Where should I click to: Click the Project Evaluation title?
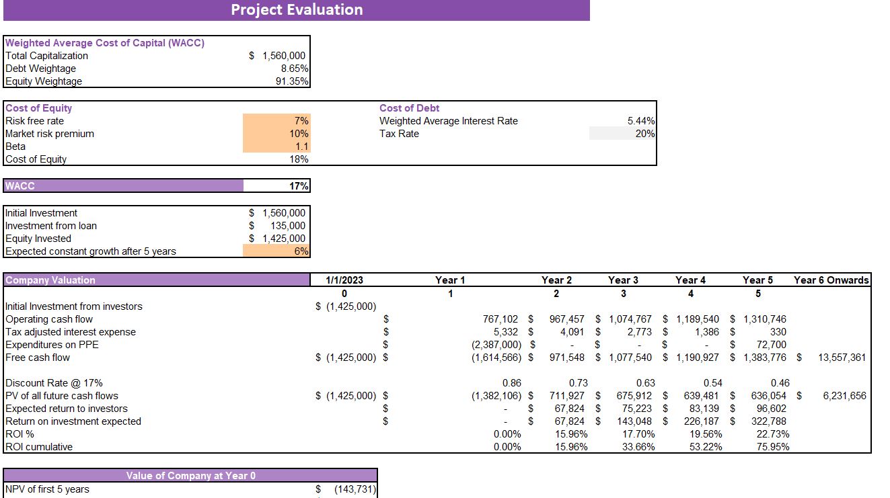click(x=297, y=9)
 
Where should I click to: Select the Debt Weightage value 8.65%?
click(x=295, y=69)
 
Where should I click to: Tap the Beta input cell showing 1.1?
click(x=301, y=147)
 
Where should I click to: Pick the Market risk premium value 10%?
click(x=299, y=134)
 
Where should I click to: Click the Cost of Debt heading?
click(x=409, y=108)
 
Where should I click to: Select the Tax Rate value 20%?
click(x=644, y=134)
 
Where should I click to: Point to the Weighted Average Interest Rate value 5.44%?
click(x=641, y=121)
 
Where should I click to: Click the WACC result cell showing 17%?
click(x=299, y=186)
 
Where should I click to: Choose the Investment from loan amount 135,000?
click(x=287, y=226)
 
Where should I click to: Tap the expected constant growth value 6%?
click(x=301, y=251)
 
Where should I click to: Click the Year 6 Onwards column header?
click(x=831, y=280)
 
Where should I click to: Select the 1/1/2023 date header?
click(x=344, y=280)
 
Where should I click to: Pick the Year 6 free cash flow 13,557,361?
click(x=842, y=358)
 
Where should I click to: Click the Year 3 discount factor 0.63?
click(x=645, y=383)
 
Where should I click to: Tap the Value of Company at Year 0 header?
click(x=191, y=476)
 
